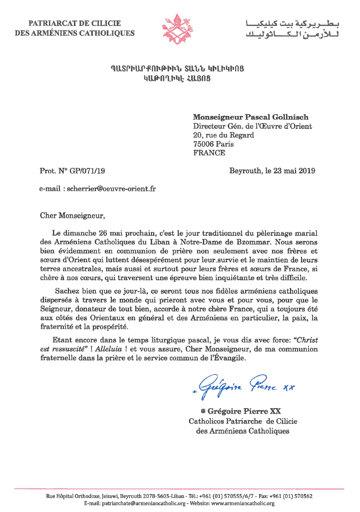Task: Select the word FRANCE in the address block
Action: pyautogui.click(x=209, y=153)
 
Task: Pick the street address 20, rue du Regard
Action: pyautogui.click(x=224, y=135)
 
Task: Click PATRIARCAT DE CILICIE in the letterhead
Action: pyautogui.click(x=74, y=23)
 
